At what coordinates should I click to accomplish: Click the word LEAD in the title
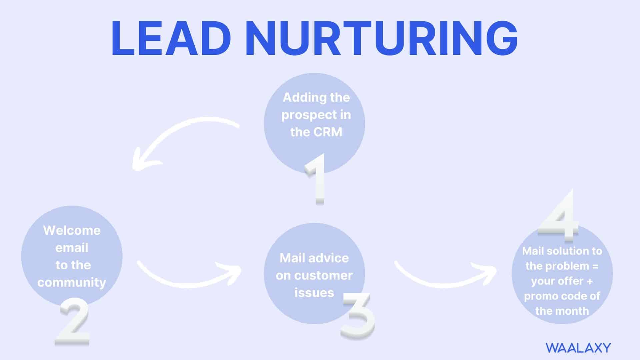pyautogui.click(x=171, y=38)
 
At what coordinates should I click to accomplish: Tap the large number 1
pyautogui.click(x=316, y=179)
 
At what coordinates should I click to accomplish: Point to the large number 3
pyautogui.click(x=358, y=316)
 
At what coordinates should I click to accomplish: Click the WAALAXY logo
pyautogui.click(x=578, y=348)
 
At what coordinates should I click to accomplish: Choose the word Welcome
pyautogui.click(x=72, y=230)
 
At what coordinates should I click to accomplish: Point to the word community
pyautogui.click(x=72, y=283)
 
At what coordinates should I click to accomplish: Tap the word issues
pyautogui.click(x=314, y=293)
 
